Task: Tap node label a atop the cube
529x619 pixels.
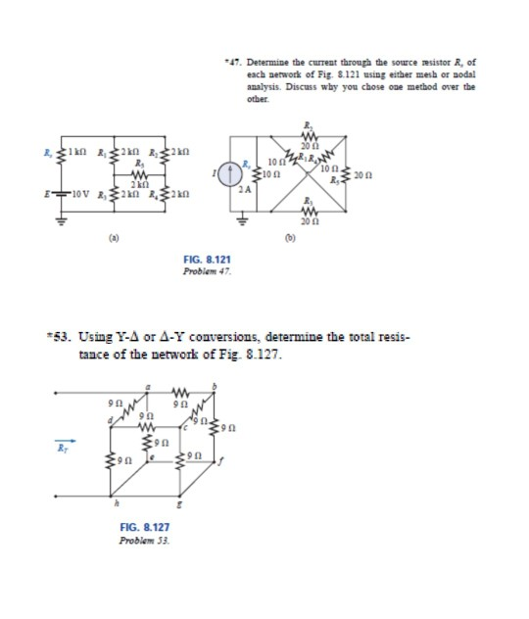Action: tap(146, 388)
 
